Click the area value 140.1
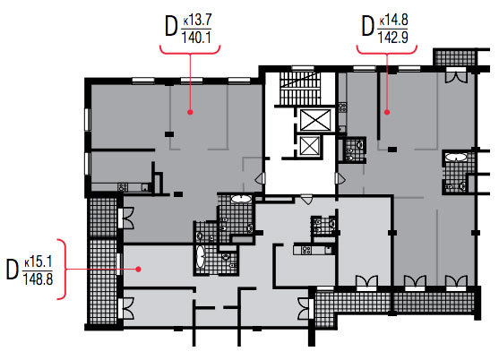coord(196,38)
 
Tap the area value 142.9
coord(393,38)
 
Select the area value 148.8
coord(38,279)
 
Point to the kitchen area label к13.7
coord(197,21)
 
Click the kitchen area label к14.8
coord(393,21)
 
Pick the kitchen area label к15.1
coord(38,262)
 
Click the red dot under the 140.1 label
coord(190,112)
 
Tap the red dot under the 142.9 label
coord(387,112)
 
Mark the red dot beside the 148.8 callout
coord(138,269)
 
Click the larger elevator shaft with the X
coord(315,120)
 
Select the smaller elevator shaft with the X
coord(309,146)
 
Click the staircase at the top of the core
coord(299,89)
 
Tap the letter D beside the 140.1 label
coord(171,26)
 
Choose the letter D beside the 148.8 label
coord(13,270)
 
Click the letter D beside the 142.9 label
coord(367,26)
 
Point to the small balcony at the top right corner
coord(455,57)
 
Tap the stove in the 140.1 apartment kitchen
coord(123,187)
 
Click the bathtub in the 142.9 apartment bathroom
coord(456,157)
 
